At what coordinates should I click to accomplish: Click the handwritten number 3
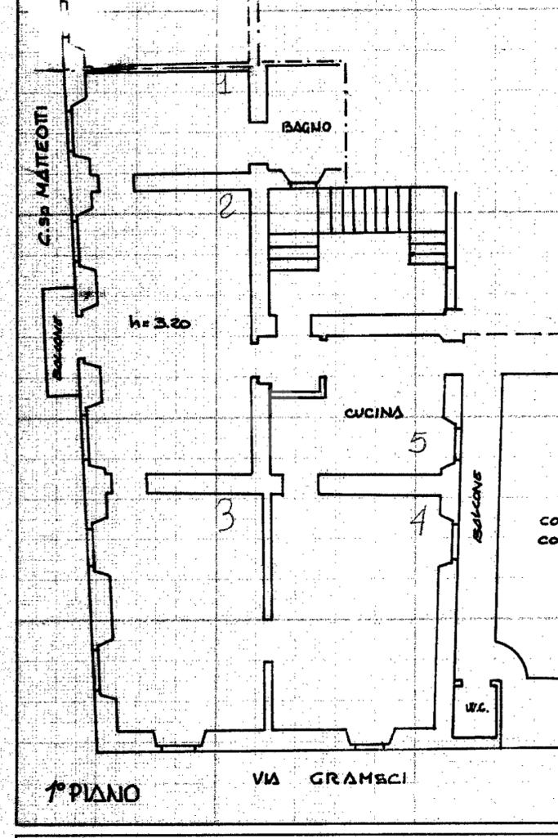click(x=225, y=516)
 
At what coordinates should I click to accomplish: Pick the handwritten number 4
click(x=420, y=519)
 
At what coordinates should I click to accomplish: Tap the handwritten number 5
click(x=417, y=442)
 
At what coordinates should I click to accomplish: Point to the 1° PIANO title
click(x=92, y=792)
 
